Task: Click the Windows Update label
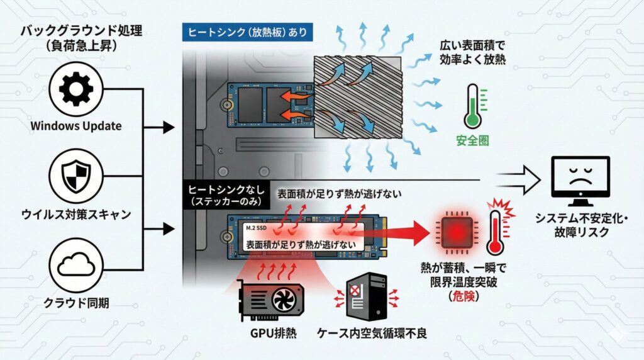[x=75, y=126]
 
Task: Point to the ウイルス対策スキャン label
[x=75, y=214]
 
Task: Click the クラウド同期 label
[x=75, y=303]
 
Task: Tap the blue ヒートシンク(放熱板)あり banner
[x=248, y=31]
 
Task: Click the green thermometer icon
[x=474, y=107]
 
